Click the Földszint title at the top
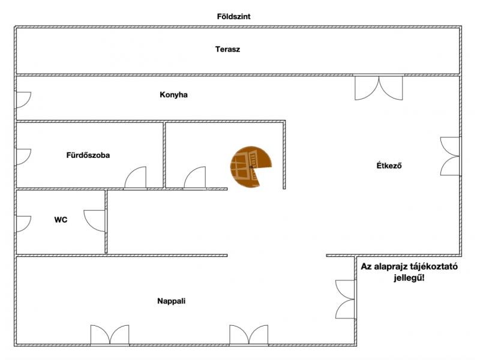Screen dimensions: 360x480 pos(233,17)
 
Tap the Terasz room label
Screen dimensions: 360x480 pos(228,49)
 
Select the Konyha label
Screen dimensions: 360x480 pos(174,95)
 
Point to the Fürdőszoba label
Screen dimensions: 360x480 pos(88,155)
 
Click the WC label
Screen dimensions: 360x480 pos(61,220)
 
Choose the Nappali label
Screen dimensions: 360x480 pos(171,301)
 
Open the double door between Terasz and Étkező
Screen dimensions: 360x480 pos(379,88)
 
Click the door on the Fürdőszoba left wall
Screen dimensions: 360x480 pos(23,157)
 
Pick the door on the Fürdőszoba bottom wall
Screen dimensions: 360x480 pos(135,178)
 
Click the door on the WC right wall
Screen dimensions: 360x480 pos(95,220)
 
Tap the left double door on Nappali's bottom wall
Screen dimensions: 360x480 pos(110,335)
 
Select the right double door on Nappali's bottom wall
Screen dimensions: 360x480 pos(248,335)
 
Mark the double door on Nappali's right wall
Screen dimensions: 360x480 pos(345,299)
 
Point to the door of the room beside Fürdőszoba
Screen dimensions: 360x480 pos(195,178)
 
